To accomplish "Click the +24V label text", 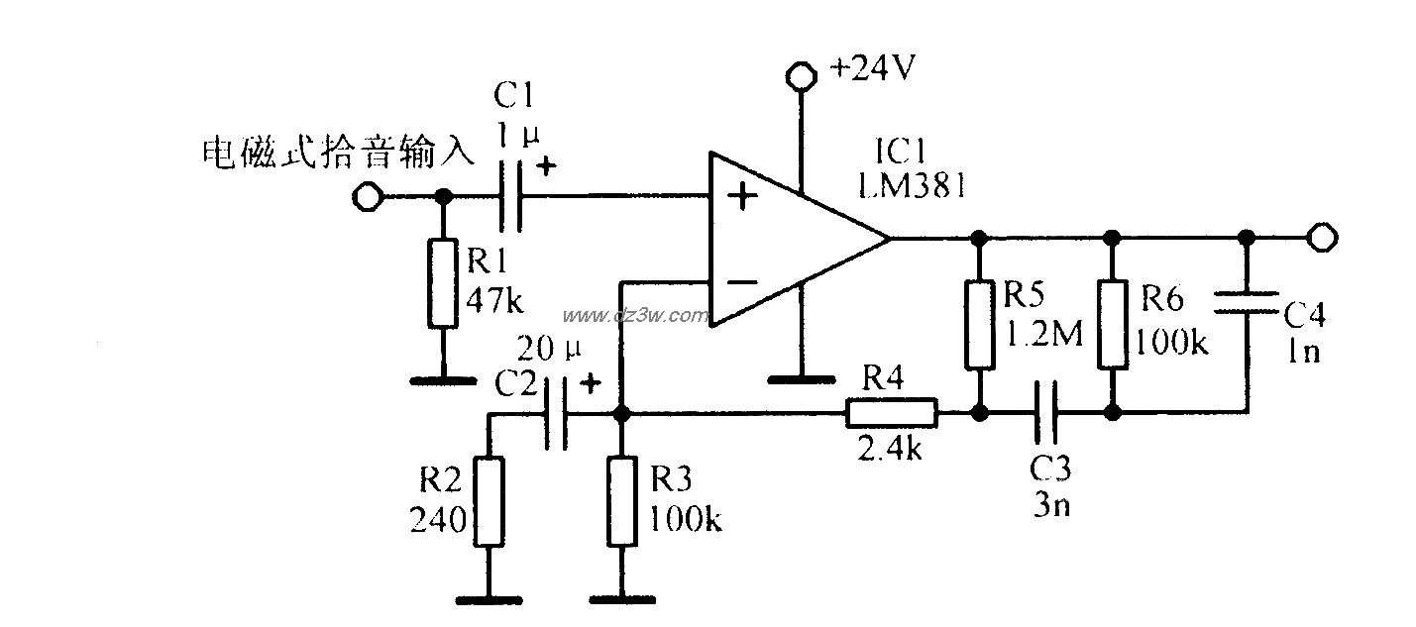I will (873, 70).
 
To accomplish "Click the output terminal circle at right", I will (1322, 238).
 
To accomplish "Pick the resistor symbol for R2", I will (489, 500).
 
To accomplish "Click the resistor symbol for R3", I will (621, 500).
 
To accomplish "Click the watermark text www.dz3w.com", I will (635, 316).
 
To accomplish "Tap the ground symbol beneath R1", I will (443, 377).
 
